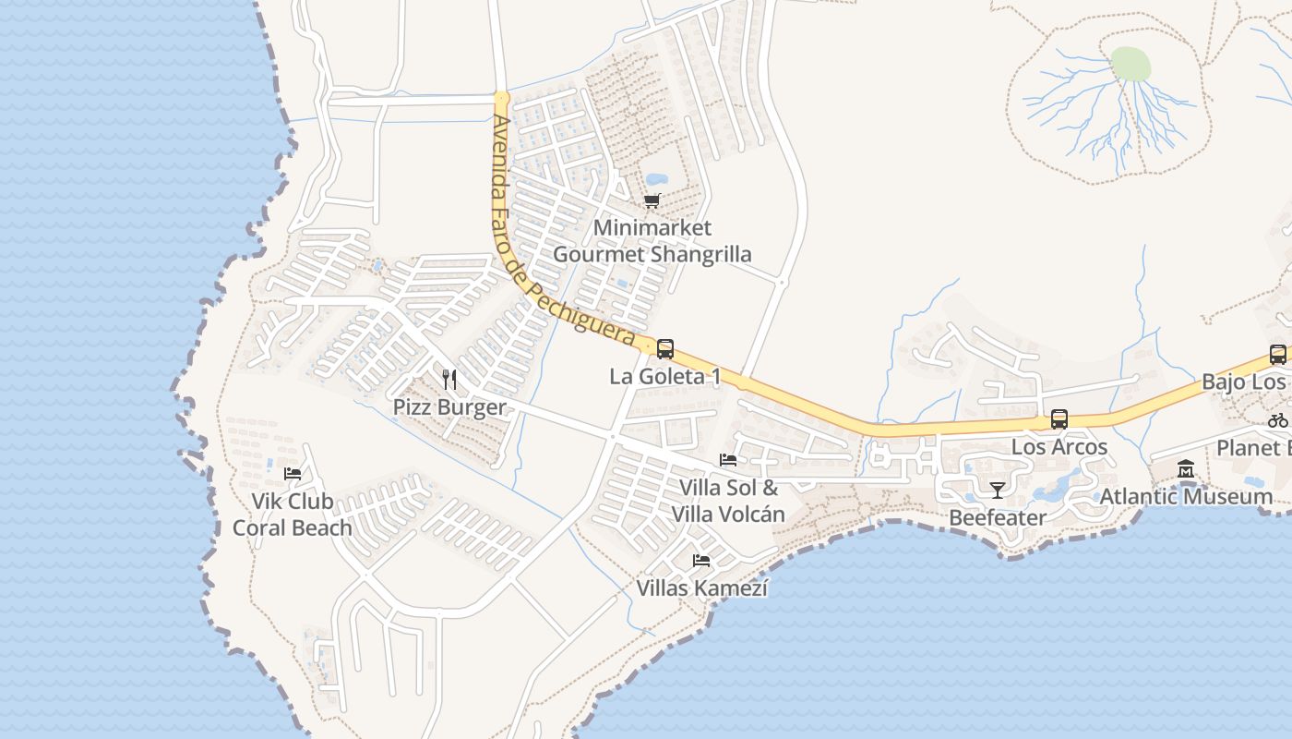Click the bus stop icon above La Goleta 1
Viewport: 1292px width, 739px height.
tap(664, 349)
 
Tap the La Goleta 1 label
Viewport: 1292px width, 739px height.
tap(664, 377)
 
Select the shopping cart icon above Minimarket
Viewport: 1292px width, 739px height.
tap(652, 200)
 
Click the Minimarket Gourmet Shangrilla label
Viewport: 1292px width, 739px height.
tap(652, 241)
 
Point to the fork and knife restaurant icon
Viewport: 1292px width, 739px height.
tap(449, 380)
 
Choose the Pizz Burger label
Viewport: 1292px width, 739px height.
tap(449, 407)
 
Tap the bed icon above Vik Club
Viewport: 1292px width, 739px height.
tap(293, 474)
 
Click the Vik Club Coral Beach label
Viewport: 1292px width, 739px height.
tap(293, 515)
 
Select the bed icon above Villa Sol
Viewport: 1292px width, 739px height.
tap(728, 460)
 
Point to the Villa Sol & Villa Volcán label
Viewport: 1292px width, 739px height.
tap(728, 501)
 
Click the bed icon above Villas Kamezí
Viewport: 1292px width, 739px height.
tap(701, 561)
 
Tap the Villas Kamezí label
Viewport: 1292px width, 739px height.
tap(701, 588)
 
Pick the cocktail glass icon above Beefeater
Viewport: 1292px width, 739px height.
tap(997, 490)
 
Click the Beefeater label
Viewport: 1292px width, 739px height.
tap(998, 517)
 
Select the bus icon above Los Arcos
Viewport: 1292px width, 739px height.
tap(1059, 419)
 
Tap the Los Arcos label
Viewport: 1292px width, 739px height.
tap(1059, 447)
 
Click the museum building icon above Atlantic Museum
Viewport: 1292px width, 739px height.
tap(1186, 469)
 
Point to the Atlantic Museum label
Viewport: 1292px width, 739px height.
tap(1186, 497)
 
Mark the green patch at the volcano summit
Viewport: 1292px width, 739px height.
tap(1130, 64)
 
